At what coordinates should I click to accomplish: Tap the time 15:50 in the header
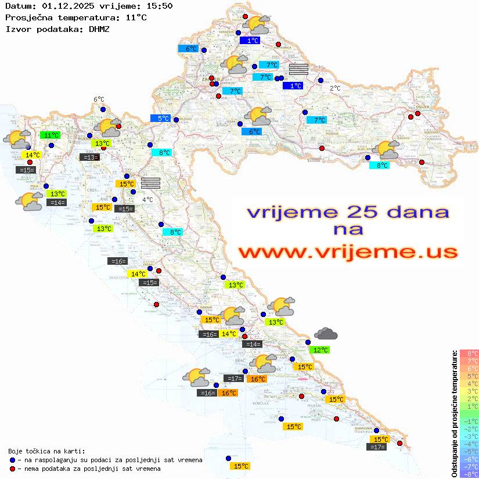159,6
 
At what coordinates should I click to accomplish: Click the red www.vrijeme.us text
347,252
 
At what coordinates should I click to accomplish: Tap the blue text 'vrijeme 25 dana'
347,213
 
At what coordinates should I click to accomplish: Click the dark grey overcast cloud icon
326,334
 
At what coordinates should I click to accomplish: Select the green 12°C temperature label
320,350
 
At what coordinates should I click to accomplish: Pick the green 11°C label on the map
50,135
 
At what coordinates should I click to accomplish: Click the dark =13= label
89,157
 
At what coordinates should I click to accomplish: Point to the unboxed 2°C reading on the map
335,88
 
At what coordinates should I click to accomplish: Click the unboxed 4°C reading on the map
147,199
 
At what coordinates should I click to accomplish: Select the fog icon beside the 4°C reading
150,182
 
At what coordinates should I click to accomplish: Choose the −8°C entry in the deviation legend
469,474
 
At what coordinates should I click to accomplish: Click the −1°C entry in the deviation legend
469,422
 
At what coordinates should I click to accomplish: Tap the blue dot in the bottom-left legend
12,460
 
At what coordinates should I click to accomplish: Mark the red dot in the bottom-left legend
12,469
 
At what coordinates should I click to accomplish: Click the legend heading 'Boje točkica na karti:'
46,451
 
